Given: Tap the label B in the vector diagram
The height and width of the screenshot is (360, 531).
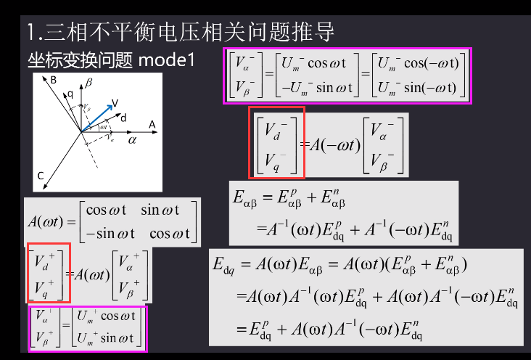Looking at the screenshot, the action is pos(54,81).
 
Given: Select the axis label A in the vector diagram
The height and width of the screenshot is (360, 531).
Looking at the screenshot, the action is pos(152,125).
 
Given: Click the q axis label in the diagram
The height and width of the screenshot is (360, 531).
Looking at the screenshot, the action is pos(70,93).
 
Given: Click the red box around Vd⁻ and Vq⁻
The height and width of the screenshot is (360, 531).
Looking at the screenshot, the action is pos(276,143).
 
